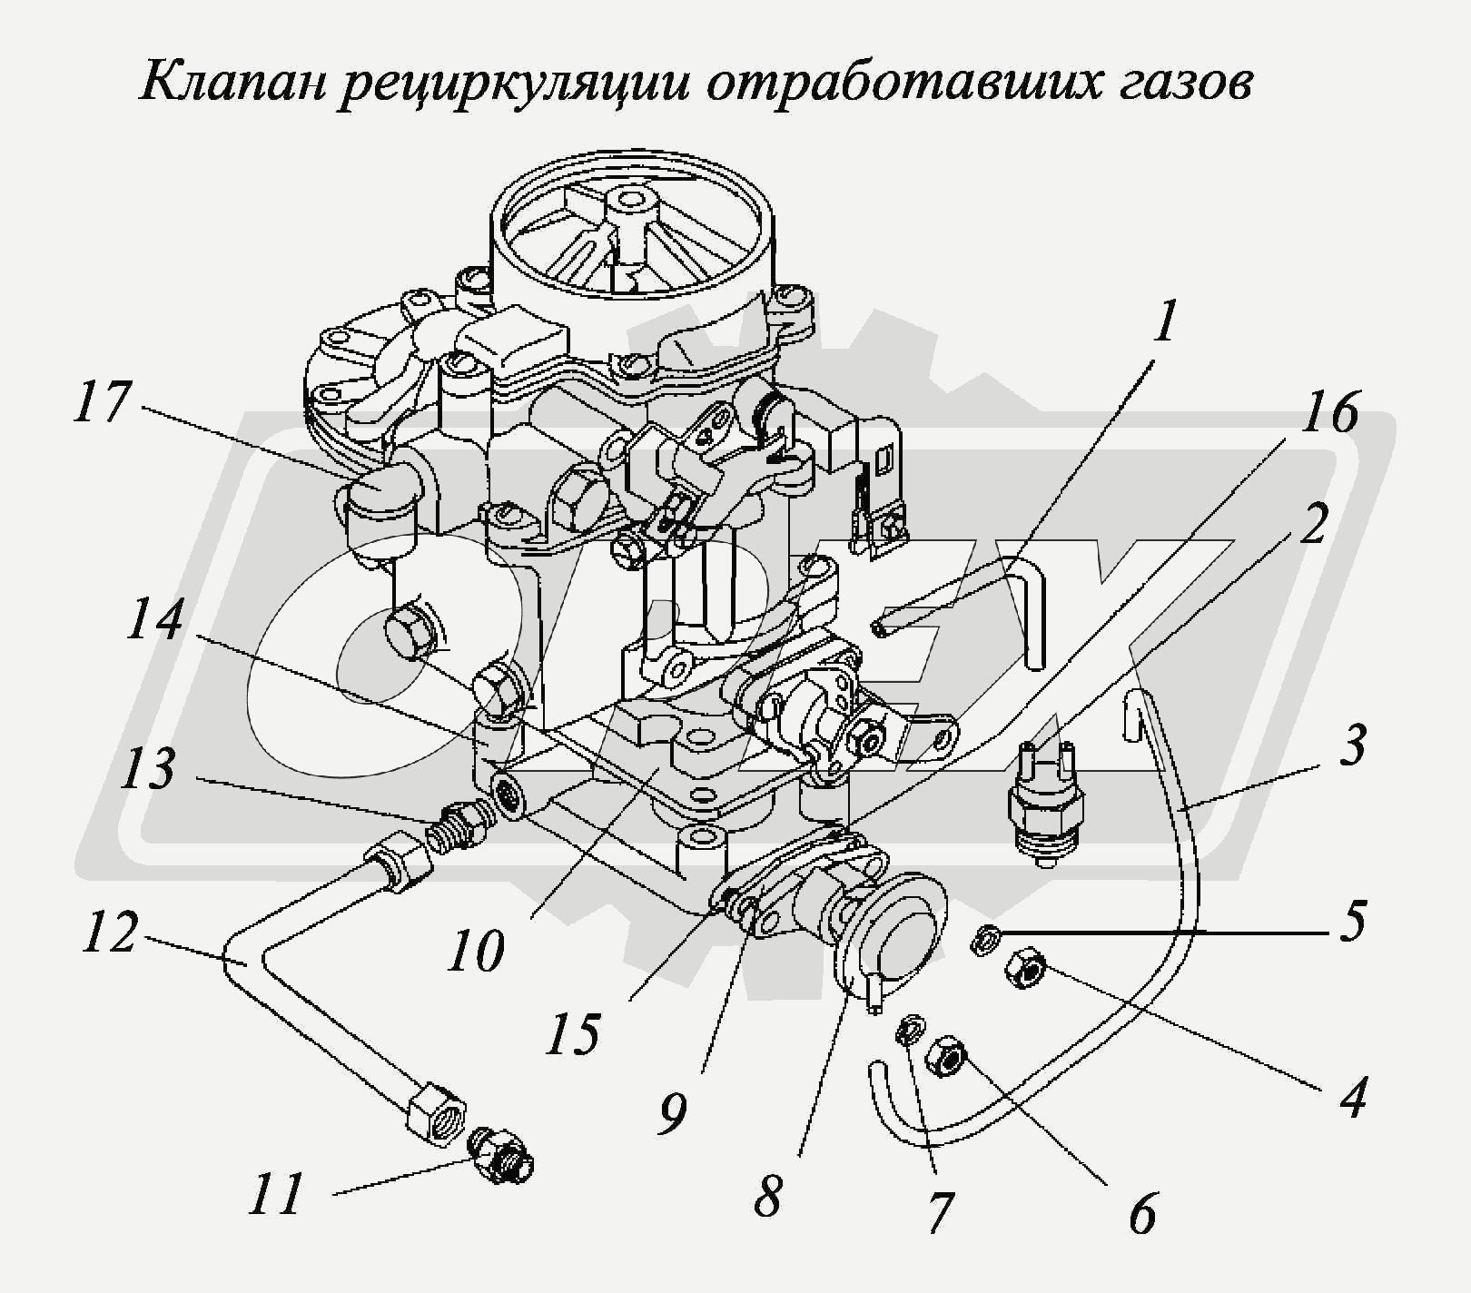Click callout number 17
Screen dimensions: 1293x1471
101,402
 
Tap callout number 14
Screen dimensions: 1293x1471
155,622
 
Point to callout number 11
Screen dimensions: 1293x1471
276,1194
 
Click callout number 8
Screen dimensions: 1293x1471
767,1197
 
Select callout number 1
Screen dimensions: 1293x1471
1164,321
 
